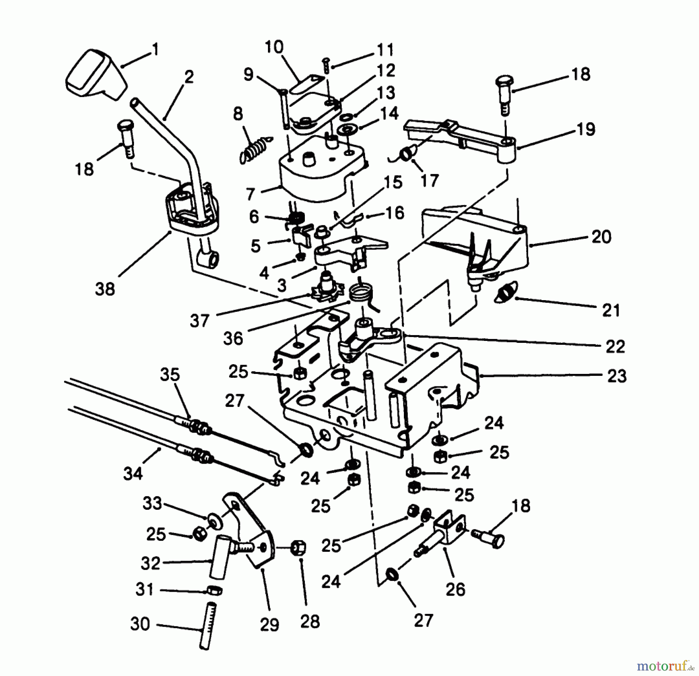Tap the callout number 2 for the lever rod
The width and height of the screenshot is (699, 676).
(189, 78)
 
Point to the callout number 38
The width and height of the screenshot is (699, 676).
(105, 289)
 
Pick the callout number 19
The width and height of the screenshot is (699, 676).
(586, 129)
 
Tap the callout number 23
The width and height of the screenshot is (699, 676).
(617, 375)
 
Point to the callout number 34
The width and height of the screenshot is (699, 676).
(133, 473)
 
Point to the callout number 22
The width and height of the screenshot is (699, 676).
(615, 346)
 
